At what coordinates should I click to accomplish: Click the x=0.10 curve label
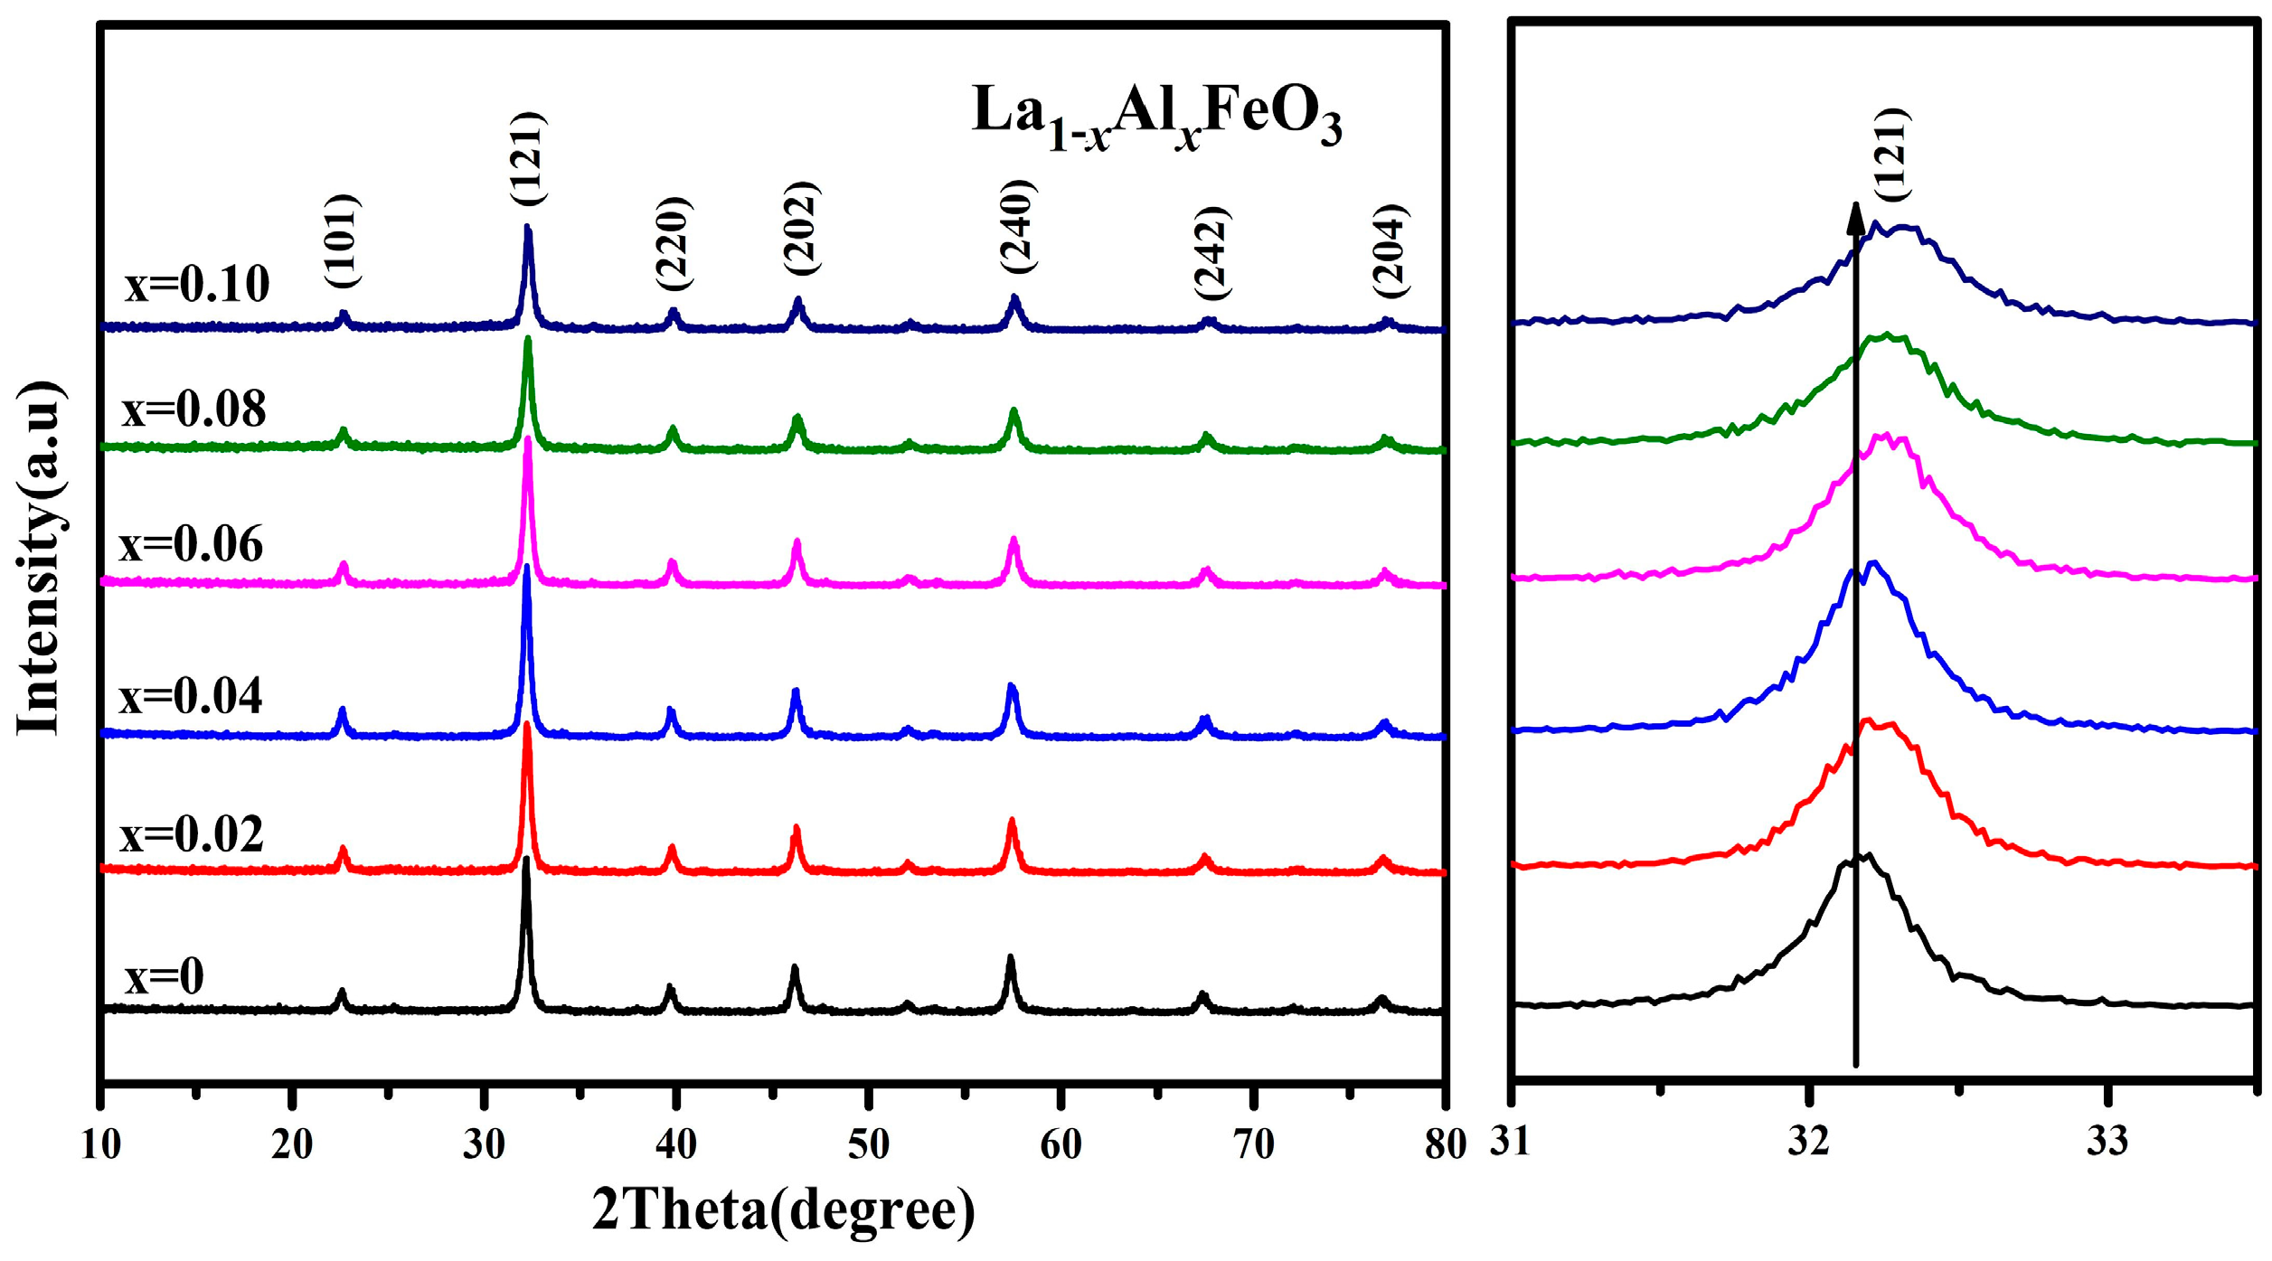[197, 285]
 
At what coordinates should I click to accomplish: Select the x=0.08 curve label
[193, 409]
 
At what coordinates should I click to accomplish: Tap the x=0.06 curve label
[191, 545]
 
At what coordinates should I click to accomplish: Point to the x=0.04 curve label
[191, 697]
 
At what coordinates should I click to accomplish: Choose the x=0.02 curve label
[192, 834]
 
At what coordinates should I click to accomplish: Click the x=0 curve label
[165, 977]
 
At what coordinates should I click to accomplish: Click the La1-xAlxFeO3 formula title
[1156, 118]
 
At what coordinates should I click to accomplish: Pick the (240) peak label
[1018, 227]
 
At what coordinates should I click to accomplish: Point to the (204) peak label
[1391, 250]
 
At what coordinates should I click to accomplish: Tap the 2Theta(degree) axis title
[784, 1211]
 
